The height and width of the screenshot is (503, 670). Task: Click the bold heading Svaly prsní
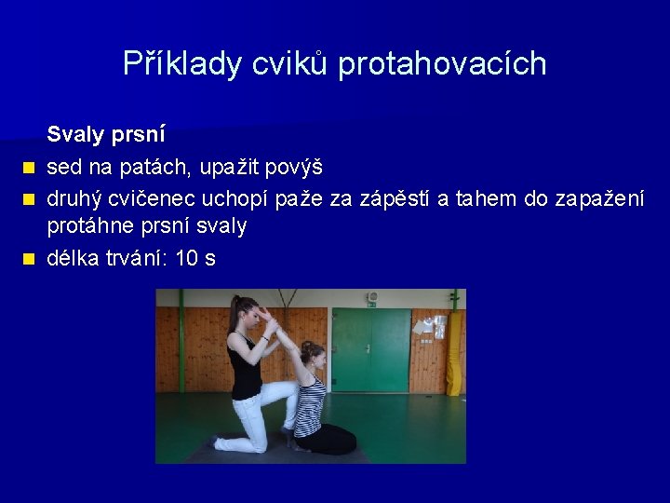tap(106, 135)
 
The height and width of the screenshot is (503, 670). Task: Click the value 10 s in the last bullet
tap(195, 258)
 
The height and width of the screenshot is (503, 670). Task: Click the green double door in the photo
tap(371, 349)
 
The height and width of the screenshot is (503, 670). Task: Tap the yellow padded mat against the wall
tap(454, 354)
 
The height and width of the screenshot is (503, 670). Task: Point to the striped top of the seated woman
tap(309, 405)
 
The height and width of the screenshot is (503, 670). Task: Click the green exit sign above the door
tap(371, 301)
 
